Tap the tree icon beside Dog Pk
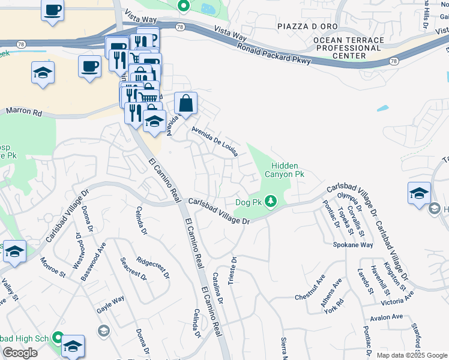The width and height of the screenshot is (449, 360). [271, 200]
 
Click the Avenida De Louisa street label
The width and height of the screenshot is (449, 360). [214, 140]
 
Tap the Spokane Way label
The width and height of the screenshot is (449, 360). [353, 245]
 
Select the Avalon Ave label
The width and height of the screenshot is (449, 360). [390, 318]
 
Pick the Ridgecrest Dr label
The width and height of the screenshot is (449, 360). [153, 268]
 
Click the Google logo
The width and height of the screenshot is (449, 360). [20, 353]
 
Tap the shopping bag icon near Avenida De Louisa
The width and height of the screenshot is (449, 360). [186, 103]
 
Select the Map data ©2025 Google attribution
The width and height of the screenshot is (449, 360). [412, 355]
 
